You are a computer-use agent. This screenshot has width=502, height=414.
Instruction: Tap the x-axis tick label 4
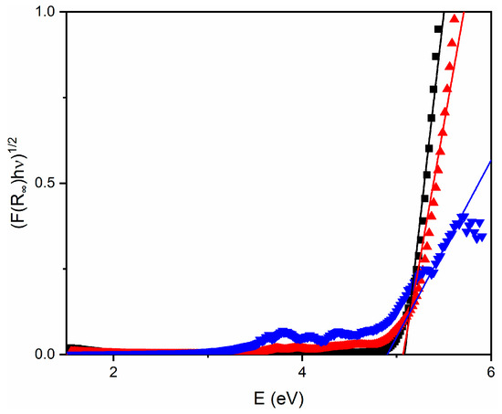[x=302, y=374]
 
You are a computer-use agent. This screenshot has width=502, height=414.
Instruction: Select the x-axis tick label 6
[x=490, y=374]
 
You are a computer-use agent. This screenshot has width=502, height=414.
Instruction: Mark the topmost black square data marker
[x=439, y=29]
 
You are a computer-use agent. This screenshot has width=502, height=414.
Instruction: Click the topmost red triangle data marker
[x=454, y=19]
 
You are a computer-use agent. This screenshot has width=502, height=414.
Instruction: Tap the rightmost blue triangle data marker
[x=481, y=237]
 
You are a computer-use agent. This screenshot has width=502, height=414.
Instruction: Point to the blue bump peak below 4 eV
[x=284, y=330]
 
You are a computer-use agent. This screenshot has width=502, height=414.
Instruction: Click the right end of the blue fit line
[x=490, y=162]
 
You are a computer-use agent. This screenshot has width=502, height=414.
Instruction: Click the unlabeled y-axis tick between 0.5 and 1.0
[x=65, y=97]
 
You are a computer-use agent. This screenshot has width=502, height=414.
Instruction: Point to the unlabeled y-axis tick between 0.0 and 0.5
[x=65, y=269]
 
